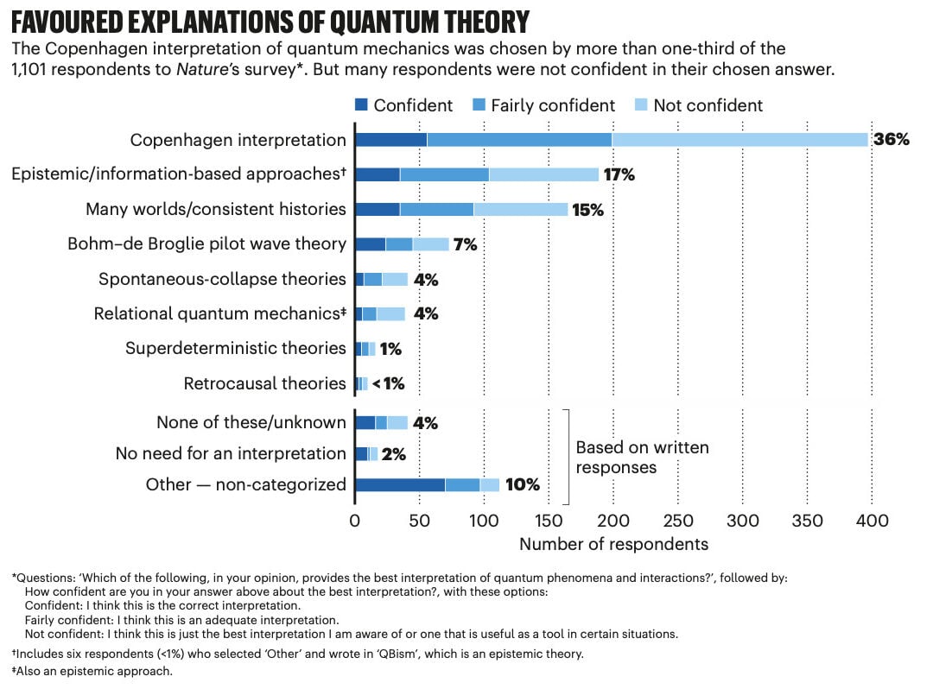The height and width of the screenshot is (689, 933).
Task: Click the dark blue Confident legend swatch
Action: [x=362, y=105]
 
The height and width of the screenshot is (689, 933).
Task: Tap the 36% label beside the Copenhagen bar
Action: [x=891, y=140]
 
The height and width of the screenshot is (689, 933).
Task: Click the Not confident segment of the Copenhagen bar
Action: [x=739, y=140]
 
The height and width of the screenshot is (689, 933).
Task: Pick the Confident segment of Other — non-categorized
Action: [x=399, y=484]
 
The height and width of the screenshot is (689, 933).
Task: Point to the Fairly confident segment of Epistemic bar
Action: [x=444, y=174]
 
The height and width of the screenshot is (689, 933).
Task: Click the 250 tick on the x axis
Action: [x=678, y=521]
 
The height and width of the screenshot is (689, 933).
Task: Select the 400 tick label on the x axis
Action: [x=872, y=521]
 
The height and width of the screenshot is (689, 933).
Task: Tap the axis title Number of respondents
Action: [x=613, y=544]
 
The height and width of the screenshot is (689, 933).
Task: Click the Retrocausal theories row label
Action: [x=264, y=383]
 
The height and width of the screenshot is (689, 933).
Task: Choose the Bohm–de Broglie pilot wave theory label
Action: [x=206, y=243]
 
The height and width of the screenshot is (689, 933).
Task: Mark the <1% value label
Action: [x=388, y=383]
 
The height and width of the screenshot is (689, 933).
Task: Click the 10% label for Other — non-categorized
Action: [x=522, y=485]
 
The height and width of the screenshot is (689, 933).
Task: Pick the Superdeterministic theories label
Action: [x=235, y=348]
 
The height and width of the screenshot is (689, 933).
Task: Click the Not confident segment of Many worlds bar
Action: [x=520, y=209]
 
